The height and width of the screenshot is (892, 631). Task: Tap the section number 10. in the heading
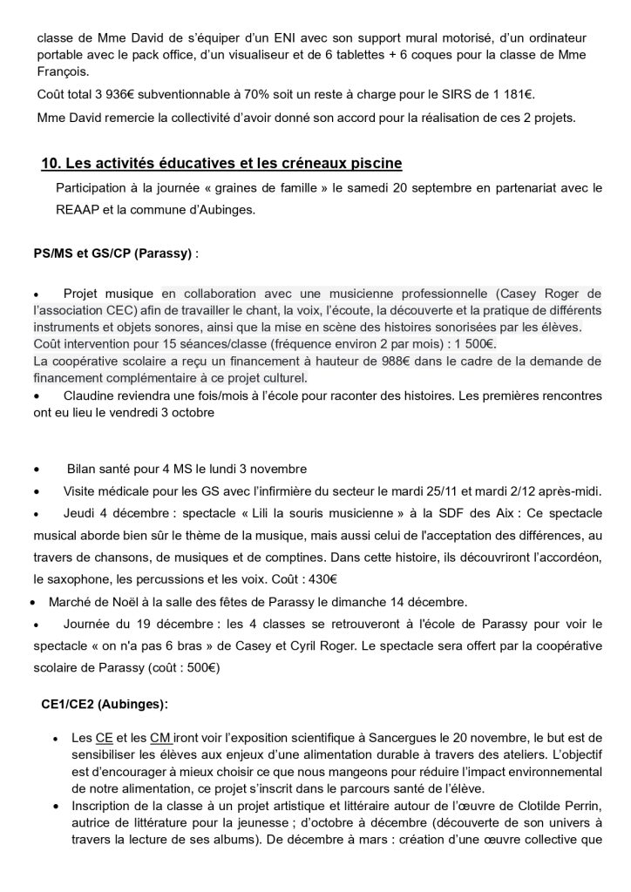(x=51, y=164)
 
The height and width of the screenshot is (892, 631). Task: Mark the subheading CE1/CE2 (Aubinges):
(x=105, y=703)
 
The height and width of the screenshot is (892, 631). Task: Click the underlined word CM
(x=159, y=738)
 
